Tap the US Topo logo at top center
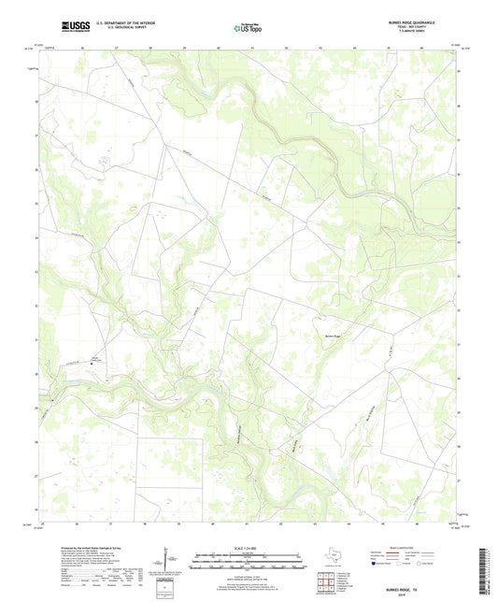(248, 29)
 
